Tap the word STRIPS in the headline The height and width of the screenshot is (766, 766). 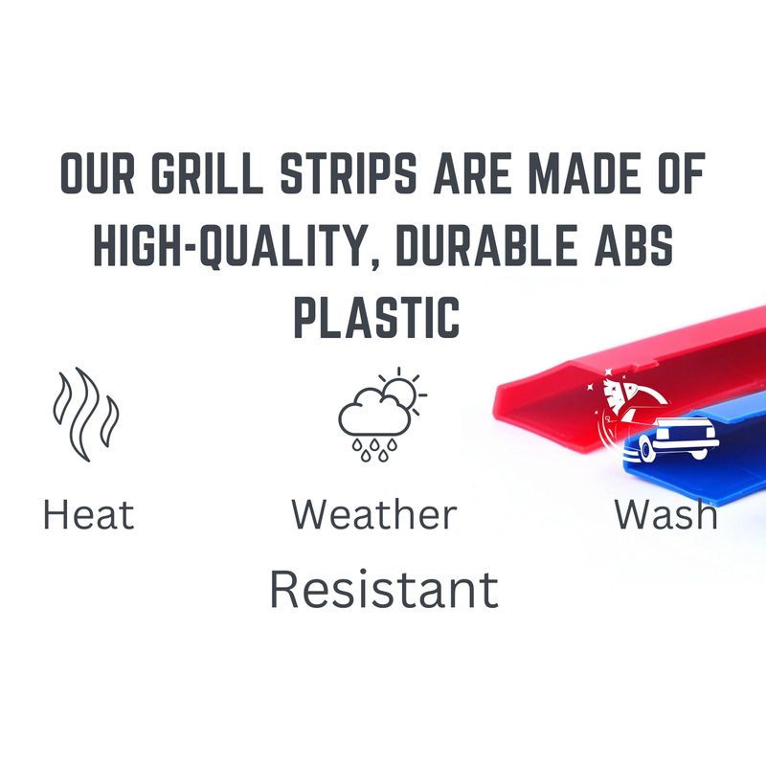pos(349,173)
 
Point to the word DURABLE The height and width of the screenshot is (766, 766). pos(485,246)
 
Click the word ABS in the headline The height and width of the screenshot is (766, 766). pos(634,246)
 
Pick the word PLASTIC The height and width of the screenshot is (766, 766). pos(376,318)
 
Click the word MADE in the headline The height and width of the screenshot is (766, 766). pos(585,173)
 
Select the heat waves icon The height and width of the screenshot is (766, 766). pos(86,415)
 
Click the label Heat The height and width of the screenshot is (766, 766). pos(89,514)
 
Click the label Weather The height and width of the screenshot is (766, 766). pos(374,514)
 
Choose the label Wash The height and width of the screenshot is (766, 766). pos(666,514)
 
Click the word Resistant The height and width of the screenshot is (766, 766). pos(384,590)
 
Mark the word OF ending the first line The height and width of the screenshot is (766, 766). pos(682,173)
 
